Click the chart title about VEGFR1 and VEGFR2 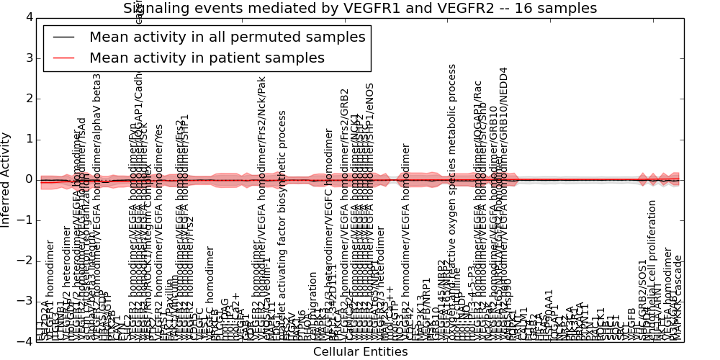pyautogui.click(x=360, y=9)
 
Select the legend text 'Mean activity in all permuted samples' pyautogui.click(x=228, y=37)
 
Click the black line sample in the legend pyautogui.click(x=63, y=37)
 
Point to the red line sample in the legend pyautogui.click(x=63, y=58)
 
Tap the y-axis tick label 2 pyautogui.click(x=28, y=99)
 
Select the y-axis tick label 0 pyautogui.click(x=28, y=179)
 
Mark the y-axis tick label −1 pyautogui.click(x=24, y=220)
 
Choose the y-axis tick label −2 pyautogui.click(x=24, y=261)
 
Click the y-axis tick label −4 pyautogui.click(x=24, y=341)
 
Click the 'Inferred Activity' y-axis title pyautogui.click(x=6, y=180)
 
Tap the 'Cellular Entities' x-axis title pyautogui.click(x=360, y=352)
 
